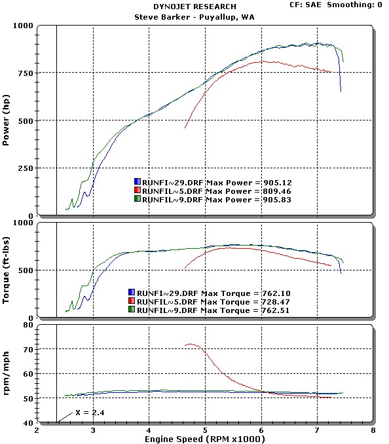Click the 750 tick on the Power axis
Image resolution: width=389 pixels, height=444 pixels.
coord(25,73)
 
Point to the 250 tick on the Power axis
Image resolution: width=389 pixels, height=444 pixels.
coord(25,168)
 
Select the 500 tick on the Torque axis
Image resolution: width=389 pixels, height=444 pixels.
coord(25,270)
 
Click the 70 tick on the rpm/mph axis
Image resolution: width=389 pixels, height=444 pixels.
coord(28,349)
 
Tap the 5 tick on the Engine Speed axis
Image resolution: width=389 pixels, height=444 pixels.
coord(205,430)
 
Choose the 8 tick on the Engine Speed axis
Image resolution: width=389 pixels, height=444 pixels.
coord(373,430)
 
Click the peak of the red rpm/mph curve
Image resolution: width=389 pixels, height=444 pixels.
coord(191,344)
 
